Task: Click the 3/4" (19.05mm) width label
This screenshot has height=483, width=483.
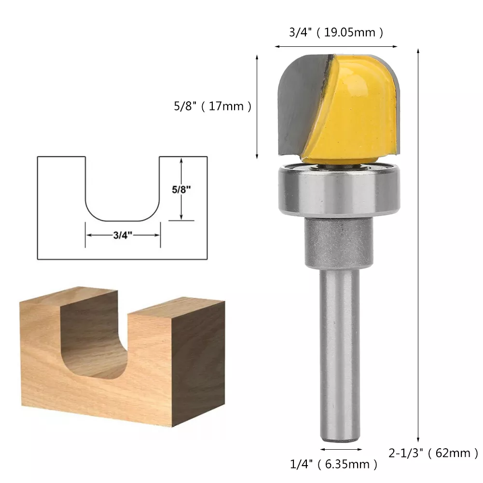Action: [x=336, y=33]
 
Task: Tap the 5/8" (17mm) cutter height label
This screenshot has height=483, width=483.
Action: [x=213, y=106]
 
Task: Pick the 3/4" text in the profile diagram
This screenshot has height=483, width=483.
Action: [x=123, y=235]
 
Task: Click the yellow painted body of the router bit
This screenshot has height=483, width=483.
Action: [x=357, y=111]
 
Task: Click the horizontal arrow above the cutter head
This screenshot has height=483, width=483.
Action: [x=336, y=47]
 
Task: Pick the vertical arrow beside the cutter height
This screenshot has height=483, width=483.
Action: [x=257, y=106]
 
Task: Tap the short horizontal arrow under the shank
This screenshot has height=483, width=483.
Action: [x=340, y=449]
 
